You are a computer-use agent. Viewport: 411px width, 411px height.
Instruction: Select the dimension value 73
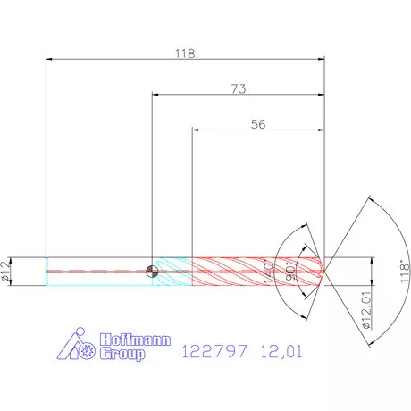click(x=238, y=88)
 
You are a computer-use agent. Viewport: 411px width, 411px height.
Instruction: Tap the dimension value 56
click(x=258, y=126)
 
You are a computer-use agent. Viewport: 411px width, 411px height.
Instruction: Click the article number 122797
click(x=212, y=351)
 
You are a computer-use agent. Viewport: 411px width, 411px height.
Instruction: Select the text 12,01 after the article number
click(x=281, y=351)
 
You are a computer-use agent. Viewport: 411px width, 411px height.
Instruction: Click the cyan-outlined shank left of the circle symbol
click(x=98, y=272)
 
